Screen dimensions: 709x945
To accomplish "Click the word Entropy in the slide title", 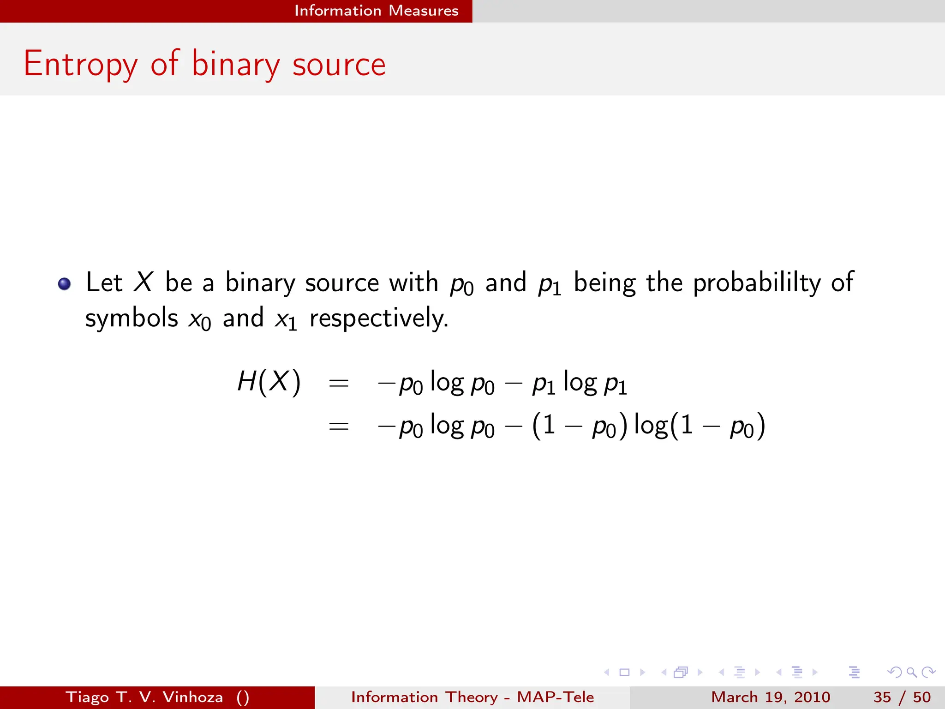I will pyautogui.click(x=81, y=65).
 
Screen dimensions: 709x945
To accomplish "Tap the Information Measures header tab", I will pyautogui.click(x=376, y=11).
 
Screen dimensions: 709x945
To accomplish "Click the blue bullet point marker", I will pyautogui.click(x=65, y=283).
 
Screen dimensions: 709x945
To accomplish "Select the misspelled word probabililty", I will pyautogui.click(x=757, y=283).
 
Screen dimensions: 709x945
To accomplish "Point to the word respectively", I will pyautogui.click(x=378, y=318).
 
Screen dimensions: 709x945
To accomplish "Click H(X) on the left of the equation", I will pyautogui.click(x=269, y=382).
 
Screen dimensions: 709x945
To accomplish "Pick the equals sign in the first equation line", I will pyautogui.click(x=338, y=383).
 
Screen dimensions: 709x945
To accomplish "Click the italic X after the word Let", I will pyautogui.click(x=143, y=282).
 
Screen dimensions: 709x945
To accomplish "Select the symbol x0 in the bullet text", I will pyautogui.click(x=199, y=319).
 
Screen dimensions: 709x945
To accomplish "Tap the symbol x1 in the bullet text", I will pyautogui.click(x=286, y=319).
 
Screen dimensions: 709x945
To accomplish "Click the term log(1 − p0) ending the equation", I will pyautogui.click(x=700, y=426).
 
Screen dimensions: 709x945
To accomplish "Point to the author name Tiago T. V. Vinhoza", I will pyautogui.click(x=144, y=697).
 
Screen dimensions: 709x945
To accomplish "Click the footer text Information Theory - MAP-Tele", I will pyautogui.click(x=472, y=697).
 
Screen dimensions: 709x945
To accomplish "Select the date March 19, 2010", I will pyautogui.click(x=770, y=697).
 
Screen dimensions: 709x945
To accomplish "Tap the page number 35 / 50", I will pyautogui.click(x=902, y=697).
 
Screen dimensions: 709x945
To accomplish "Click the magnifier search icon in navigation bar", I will pyautogui.click(x=911, y=672).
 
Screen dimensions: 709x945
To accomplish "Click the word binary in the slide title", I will pyautogui.click(x=235, y=65).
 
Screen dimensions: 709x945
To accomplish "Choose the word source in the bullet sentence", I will pyautogui.click(x=341, y=282).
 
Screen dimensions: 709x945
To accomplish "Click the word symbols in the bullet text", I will pyautogui.click(x=132, y=318).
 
